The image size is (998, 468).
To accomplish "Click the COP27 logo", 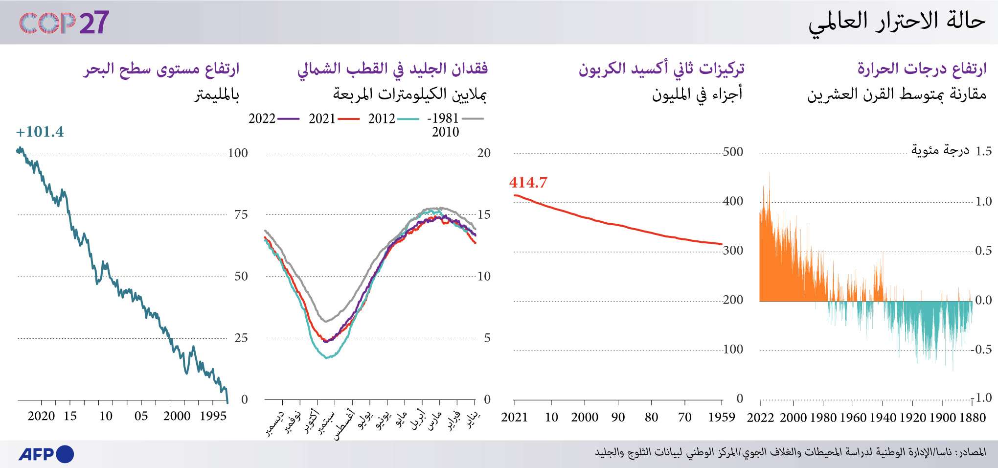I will [64, 23].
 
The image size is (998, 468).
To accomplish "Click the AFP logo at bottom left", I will [46, 454].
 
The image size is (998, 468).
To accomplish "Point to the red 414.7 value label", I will [528, 183].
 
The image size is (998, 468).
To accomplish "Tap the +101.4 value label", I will [40, 132].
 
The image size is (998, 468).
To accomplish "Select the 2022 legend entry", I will [273, 118].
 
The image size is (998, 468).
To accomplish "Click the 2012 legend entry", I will [393, 118].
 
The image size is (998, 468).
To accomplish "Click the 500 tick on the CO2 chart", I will [732, 152].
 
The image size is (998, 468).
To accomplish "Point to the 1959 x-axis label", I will [722, 418].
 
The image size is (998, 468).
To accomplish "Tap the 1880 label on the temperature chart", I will [972, 418].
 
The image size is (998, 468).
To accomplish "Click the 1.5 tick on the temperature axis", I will [983, 151].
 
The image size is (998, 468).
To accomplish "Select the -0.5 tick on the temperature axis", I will [982, 350].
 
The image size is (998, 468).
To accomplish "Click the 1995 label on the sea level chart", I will [213, 417].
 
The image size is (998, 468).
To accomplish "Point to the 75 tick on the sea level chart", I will [241, 214].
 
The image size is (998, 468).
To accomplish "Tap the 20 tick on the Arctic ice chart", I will [483, 153].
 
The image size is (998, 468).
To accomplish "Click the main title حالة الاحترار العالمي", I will [896, 23].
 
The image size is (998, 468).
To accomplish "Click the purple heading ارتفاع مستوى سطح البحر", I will [161, 69].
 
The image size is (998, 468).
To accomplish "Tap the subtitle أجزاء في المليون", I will [697, 94].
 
